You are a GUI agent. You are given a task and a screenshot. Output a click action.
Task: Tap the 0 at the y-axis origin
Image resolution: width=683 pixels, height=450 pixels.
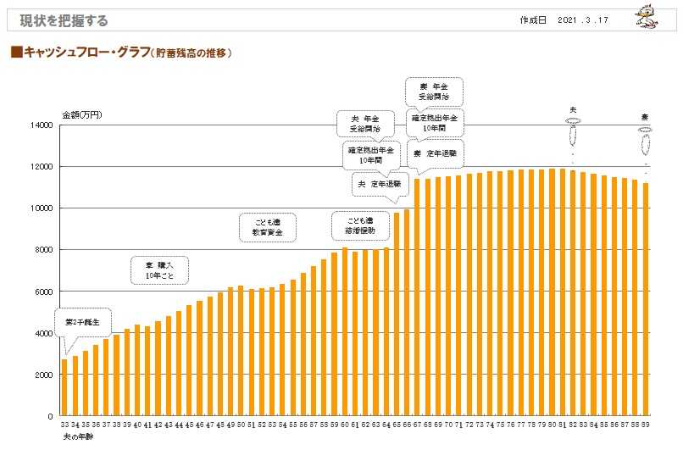tap(50, 417)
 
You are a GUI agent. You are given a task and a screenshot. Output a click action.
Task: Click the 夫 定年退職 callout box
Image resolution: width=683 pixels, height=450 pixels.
tap(378, 184)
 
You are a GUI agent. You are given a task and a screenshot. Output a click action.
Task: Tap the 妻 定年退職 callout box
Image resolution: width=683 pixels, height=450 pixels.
tap(436, 154)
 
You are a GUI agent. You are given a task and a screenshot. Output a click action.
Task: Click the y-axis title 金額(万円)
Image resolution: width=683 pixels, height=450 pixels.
tap(82, 114)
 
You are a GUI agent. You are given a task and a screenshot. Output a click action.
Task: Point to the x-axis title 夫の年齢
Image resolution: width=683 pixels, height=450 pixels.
tap(78, 436)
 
